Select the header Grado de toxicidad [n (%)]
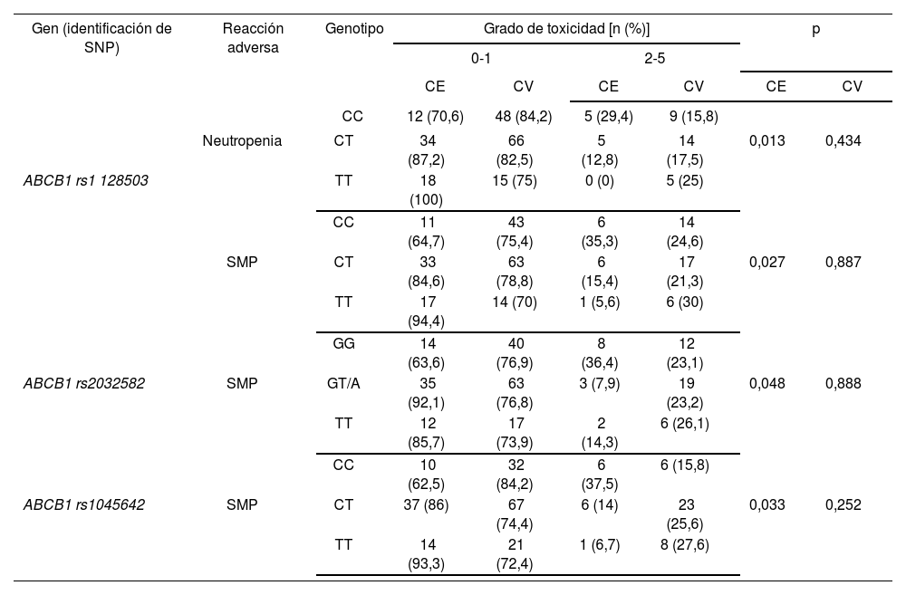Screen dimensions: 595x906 (x=566, y=29)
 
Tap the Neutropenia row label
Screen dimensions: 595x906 (x=242, y=141)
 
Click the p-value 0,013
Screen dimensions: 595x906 (x=776, y=141)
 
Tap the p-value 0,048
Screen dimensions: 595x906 (x=776, y=383)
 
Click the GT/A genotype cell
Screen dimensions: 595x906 (x=343, y=383)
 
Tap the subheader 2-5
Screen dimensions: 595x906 (x=652, y=59)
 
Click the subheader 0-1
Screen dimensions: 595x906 (x=481, y=59)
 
